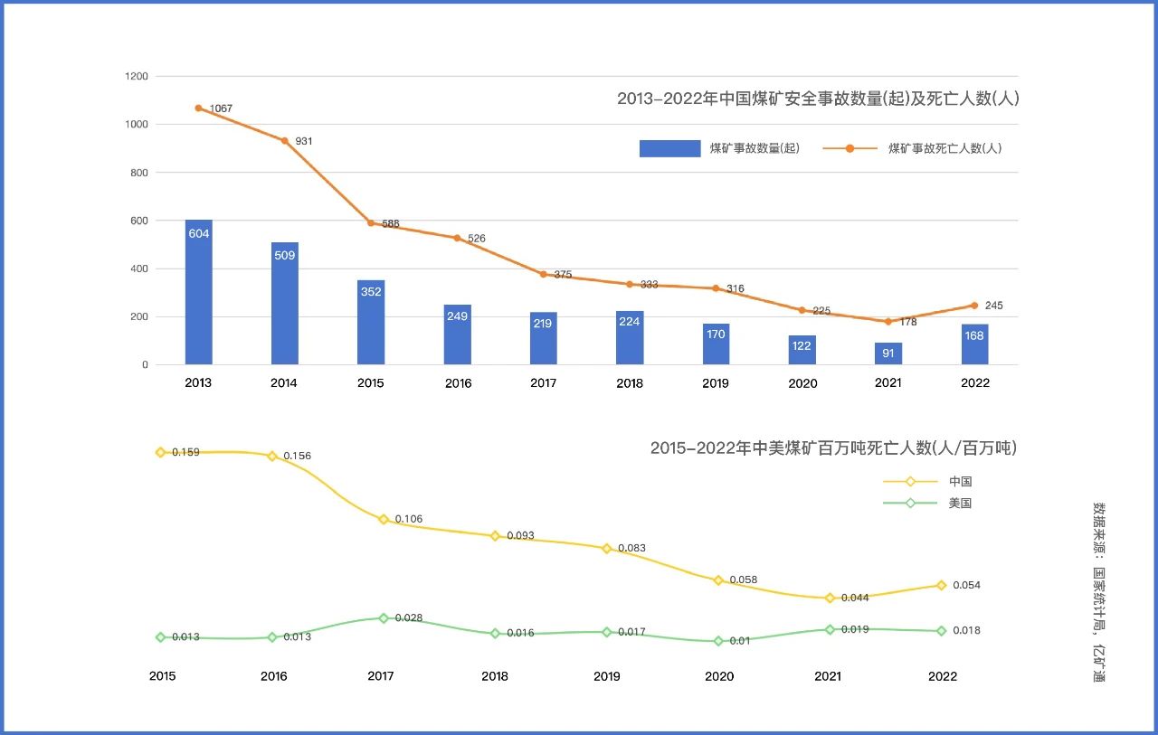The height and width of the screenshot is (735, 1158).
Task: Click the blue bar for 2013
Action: [198, 291]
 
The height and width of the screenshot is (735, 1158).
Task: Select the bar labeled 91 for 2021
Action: [887, 353]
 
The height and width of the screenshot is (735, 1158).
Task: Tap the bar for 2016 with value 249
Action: [457, 335]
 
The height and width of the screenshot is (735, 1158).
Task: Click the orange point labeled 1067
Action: [198, 108]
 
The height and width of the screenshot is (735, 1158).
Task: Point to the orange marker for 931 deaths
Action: [284, 140]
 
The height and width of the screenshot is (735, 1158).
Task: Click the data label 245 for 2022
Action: [993, 306]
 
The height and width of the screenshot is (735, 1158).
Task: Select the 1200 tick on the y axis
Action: [137, 77]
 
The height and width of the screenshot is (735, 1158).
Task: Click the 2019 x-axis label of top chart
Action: [715, 383]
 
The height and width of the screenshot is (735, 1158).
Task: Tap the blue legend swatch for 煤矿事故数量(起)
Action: [669, 148]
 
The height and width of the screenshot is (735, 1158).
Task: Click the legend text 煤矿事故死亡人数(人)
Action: [944, 148]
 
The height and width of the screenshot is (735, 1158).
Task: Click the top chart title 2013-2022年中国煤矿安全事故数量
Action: [818, 99]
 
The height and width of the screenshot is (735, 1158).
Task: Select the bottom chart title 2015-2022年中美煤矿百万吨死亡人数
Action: [833, 448]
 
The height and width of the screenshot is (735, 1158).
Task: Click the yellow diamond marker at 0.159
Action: [160, 452]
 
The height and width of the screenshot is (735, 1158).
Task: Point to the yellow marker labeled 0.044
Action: [830, 598]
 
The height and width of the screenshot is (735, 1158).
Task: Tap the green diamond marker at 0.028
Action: [384, 618]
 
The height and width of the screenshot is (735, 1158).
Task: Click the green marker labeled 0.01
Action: [718, 641]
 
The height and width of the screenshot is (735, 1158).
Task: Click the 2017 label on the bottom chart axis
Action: [382, 676]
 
